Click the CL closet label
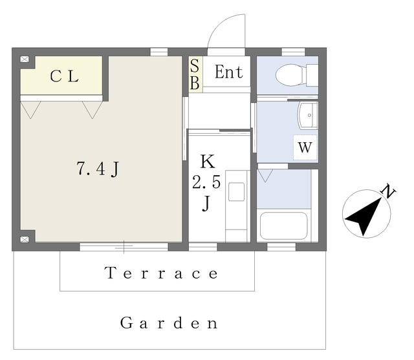pos(64,76)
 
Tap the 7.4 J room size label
pos(98,169)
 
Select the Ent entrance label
pos(228,72)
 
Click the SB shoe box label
pos(195,74)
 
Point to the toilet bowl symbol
pos(291,75)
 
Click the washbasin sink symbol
pos(308,115)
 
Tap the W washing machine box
pos(305,147)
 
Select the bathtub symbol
pos(284,226)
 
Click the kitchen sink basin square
pos(236,192)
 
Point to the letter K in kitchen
pos(208,162)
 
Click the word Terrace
pos(161,273)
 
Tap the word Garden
pos(169,323)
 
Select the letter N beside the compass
pos(388,191)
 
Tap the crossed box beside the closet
pos(25,59)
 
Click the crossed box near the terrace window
pos(25,240)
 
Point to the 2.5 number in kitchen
pos(206,182)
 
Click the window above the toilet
pos(293,52)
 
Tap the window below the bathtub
pos(281,247)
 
